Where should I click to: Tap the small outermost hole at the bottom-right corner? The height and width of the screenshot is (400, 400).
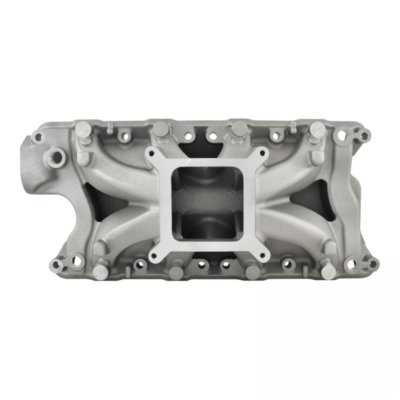(372, 264)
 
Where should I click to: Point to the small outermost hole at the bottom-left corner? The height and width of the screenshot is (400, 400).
(56, 265)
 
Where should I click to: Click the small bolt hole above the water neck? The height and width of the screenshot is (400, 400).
(37, 137)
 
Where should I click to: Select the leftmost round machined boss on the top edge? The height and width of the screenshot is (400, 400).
(82, 129)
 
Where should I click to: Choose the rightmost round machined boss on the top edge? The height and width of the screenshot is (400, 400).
(317, 129)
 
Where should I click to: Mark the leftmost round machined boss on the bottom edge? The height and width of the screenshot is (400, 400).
(100, 272)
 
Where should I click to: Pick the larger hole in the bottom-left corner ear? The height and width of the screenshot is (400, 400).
(76, 260)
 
